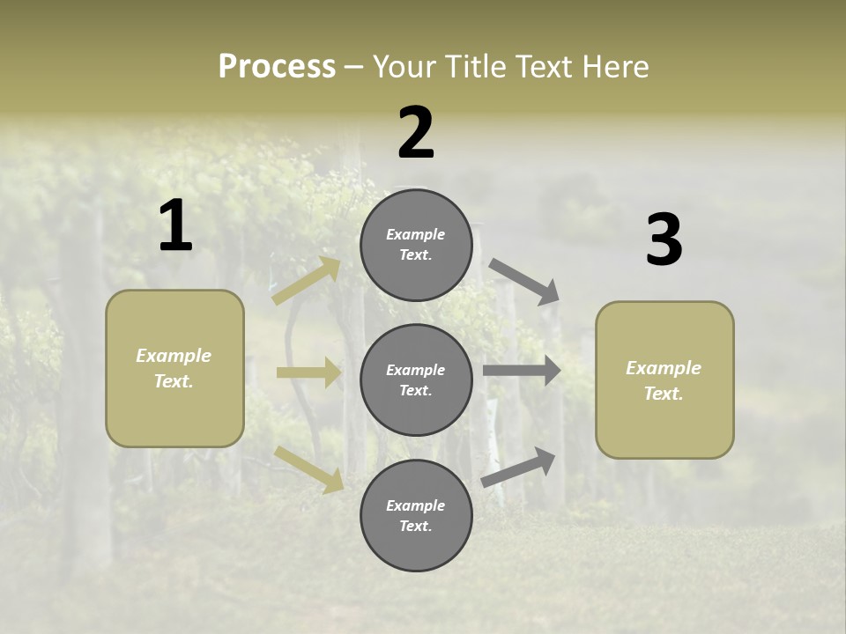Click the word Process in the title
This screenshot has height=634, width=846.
point(277,66)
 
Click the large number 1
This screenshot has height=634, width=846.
point(175,226)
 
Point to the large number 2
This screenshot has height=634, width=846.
point(416,133)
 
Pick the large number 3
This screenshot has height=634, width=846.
point(664,240)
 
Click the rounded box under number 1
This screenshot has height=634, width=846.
point(174,368)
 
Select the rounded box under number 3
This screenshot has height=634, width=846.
point(664,380)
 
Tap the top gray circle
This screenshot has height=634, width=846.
point(416,245)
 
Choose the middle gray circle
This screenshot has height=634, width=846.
point(416,380)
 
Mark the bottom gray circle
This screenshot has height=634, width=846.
point(416,515)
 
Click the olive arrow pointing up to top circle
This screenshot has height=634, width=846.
point(307,281)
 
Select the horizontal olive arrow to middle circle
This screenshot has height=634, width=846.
point(308,372)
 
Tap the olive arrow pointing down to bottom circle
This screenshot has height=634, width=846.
point(308,468)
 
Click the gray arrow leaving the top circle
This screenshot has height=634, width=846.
point(524,281)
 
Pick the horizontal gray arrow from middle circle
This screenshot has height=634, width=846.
point(522,371)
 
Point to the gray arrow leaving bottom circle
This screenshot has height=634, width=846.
point(518,467)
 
